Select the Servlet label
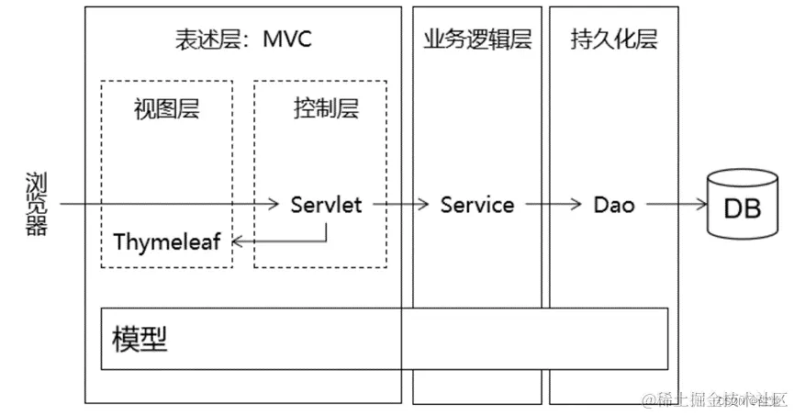(326, 205)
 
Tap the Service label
(477, 205)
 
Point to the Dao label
(614, 205)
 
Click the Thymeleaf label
(168, 242)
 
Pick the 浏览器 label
(35, 205)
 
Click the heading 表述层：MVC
(243, 39)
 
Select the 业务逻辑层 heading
(477, 39)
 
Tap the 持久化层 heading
(614, 39)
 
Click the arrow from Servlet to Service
(400, 205)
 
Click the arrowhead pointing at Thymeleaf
(237, 242)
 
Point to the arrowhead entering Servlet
(274, 205)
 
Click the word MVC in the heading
(287, 39)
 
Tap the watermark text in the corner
(716, 400)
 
